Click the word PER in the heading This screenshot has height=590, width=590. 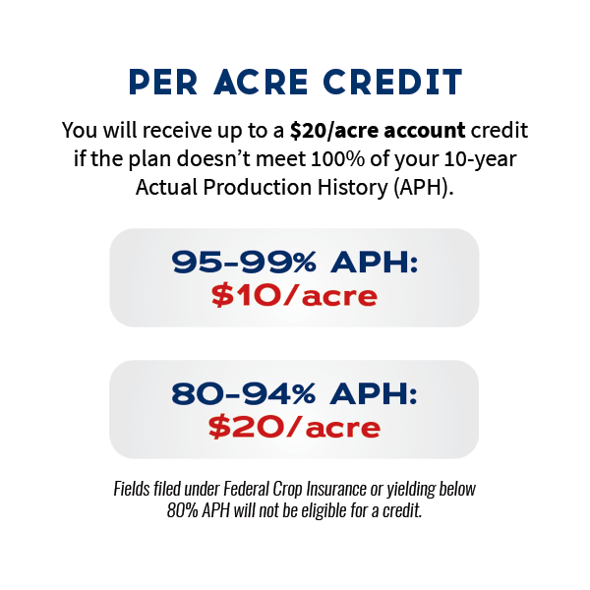(x=163, y=82)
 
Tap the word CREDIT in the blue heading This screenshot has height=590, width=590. (x=392, y=82)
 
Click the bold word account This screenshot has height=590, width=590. (x=425, y=131)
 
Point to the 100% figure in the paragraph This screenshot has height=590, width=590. (x=338, y=158)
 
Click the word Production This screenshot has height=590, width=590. (x=258, y=187)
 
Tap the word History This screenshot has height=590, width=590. (x=353, y=188)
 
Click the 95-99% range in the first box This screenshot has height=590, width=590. (x=244, y=262)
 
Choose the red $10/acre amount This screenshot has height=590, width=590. (x=294, y=296)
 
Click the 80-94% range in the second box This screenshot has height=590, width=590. (x=244, y=393)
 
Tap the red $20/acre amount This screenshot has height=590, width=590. (x=294, y=428)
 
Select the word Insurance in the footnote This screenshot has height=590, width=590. (x=336, y=489)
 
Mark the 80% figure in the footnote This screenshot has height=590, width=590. (x=183, y=510)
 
